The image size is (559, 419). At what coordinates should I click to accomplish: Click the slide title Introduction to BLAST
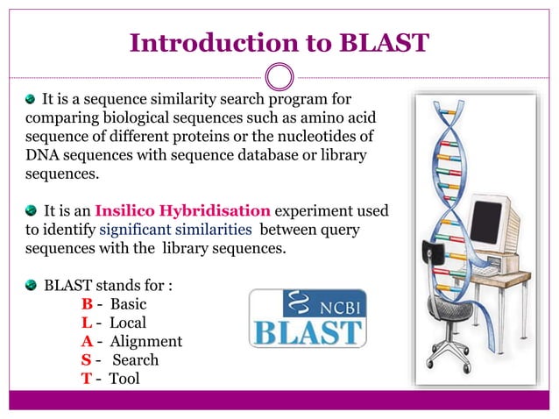[x=279, y=41]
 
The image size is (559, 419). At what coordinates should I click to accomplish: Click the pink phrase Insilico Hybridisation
[x=182, y=211]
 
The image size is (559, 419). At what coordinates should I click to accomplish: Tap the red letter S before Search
[x=86, y=359]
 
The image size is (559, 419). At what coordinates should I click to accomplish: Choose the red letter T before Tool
[x=86, y=378]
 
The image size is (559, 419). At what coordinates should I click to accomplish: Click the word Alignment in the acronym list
[x=146, y=341]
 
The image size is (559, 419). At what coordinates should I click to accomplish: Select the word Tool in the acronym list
[x=124, y=378]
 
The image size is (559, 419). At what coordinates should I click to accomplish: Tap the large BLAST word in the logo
[x=308, y=333]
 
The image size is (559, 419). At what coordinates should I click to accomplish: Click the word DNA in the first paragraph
[x=41, y=154]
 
